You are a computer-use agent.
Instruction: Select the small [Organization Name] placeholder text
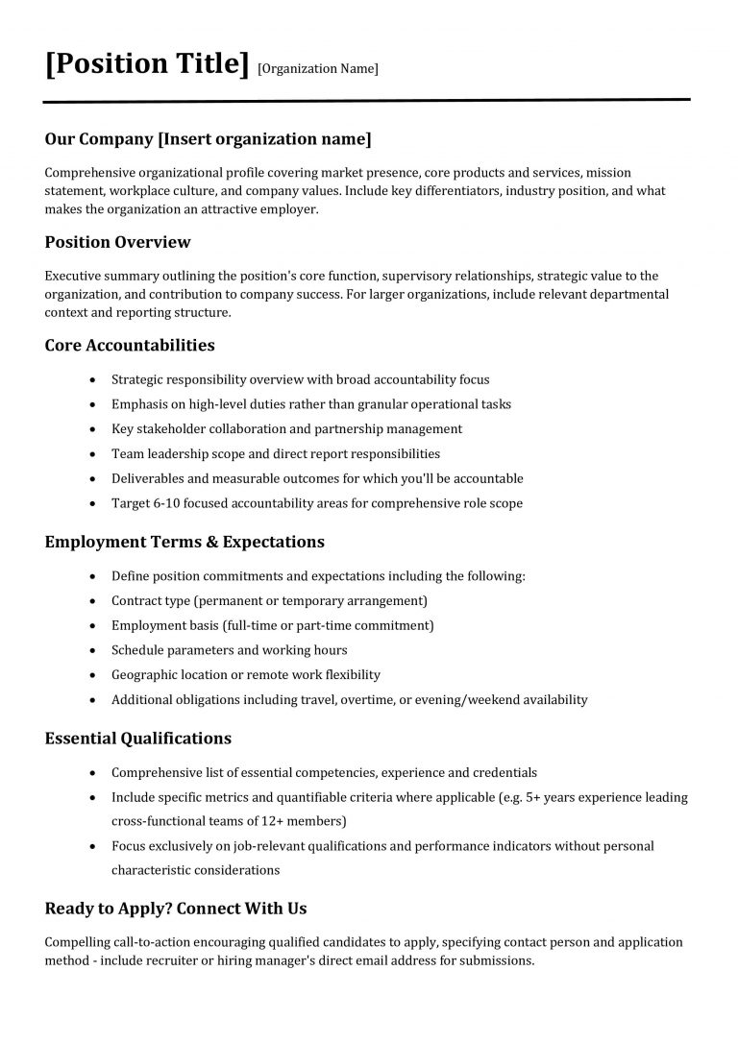(318, 68)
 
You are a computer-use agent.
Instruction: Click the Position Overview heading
(117, 242)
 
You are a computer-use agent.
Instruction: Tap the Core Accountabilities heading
(130, 345)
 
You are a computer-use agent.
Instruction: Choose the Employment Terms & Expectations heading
(184, 542)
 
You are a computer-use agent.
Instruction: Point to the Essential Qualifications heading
(137, 739)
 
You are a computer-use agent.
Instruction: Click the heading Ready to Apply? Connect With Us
(176, 908)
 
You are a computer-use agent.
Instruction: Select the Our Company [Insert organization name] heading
(208, 139)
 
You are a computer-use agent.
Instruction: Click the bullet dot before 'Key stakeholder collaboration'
(91, 429)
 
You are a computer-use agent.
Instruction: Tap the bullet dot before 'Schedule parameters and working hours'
(91, 651)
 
